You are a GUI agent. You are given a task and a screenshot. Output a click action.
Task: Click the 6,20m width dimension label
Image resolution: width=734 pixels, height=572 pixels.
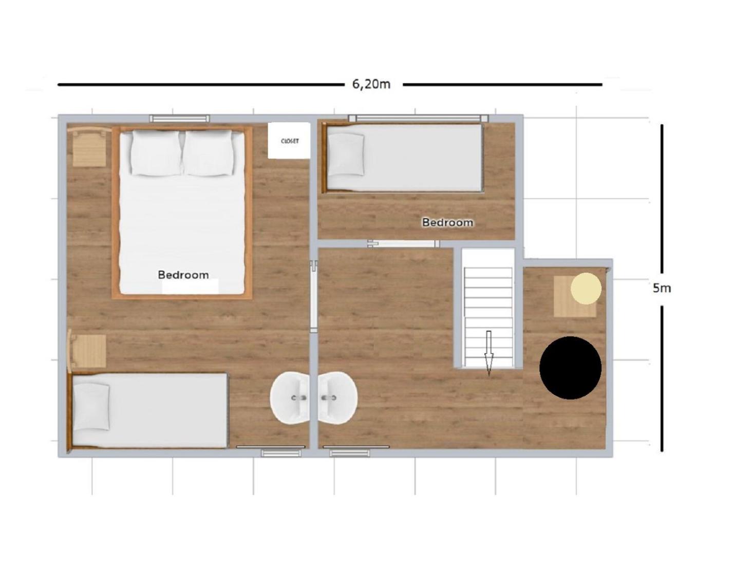pos(371,84)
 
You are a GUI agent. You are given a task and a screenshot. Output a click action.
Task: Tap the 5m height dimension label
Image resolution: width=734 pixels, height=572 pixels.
pos(662,289)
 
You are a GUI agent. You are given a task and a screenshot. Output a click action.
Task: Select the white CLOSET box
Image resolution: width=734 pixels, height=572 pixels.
pos(289,141)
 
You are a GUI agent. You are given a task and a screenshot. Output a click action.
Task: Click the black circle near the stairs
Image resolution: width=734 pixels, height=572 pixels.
pos(570,368)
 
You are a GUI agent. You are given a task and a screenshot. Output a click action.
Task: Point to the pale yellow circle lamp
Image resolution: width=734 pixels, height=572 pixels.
pos(586,289)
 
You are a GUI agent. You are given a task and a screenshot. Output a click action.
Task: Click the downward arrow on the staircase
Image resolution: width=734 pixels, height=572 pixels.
pos(488,353)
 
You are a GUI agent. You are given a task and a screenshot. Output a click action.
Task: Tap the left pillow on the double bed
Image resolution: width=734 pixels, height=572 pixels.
pos(156,153)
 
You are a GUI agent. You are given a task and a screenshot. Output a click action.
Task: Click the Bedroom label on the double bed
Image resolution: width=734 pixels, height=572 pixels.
pos(183,275)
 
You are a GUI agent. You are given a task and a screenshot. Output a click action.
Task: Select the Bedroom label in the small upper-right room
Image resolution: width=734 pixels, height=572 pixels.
pos(447,222)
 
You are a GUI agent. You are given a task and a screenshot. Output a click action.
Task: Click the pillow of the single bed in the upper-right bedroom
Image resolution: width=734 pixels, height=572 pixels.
pos(346,155)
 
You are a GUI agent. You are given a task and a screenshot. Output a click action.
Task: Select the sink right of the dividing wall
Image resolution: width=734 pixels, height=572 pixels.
pos(338,397)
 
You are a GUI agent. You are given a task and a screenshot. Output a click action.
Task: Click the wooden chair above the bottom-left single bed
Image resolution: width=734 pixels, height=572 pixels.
pos(87,351)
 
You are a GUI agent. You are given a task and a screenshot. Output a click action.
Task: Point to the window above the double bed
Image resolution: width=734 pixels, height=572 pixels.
pos(180,118)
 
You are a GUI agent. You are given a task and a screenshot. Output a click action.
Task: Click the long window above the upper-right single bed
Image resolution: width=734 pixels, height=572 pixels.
pos(419,118)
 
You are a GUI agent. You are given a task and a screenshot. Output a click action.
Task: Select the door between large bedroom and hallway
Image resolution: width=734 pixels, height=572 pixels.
pos(314,293)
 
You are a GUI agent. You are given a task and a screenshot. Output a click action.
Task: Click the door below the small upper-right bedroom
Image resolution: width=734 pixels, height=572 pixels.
pos(403,243)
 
